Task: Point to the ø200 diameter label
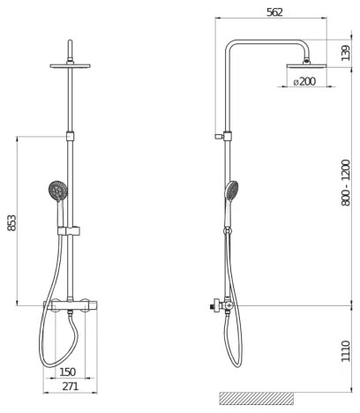(x=304, y=82)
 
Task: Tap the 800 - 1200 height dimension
(x=345, y=188)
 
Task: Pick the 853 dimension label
(x=11, y=223)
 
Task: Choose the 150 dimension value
(x=66, y=372)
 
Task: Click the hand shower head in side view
(x=232, y=190)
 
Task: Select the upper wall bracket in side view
(x=226, y=137)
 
